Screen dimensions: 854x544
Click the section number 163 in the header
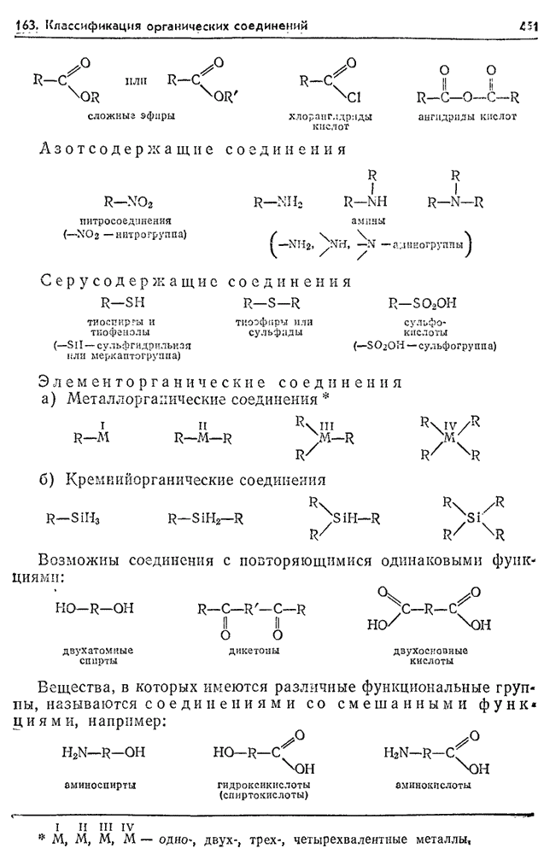click(x=28, y=26)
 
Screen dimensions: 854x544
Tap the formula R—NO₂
click(x=128, y=202)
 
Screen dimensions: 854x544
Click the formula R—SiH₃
click(x=73, y=518)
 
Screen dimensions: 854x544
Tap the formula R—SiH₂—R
click(x=206, y=518)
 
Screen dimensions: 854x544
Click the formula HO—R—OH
click(x=93, y=608)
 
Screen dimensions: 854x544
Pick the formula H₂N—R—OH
click(x=103, y=752)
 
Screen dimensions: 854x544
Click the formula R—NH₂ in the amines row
click(x=278, y=202)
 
